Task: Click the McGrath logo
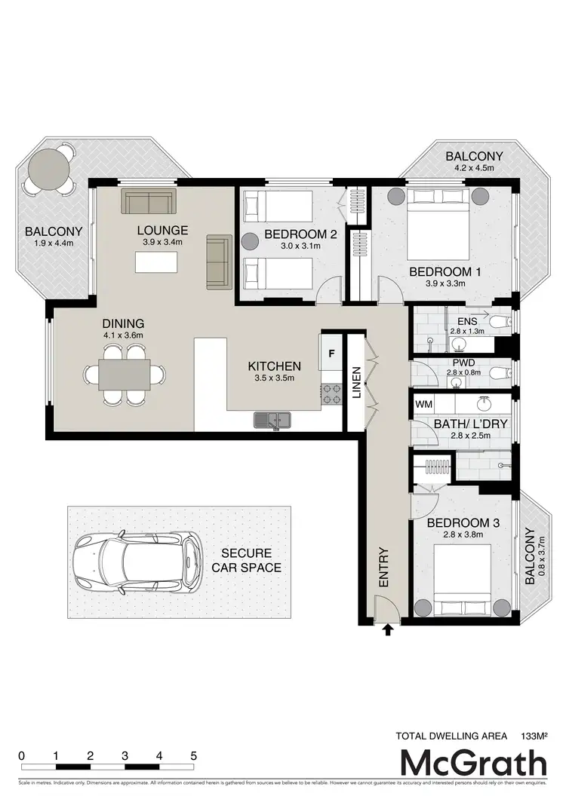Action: (473, 764)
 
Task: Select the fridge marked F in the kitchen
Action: (331, 352)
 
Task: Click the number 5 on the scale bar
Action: (194, 756)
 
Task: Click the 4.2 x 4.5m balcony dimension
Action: (474, 169)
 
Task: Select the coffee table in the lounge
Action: (157, 262)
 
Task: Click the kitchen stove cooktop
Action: (332, 393)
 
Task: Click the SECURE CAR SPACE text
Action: (246, 560)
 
